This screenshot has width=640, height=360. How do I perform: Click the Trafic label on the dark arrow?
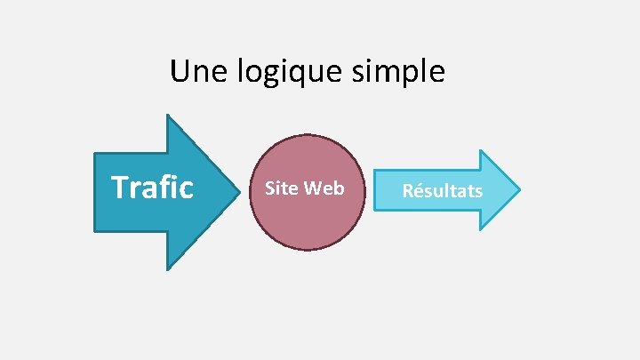pos(152,188)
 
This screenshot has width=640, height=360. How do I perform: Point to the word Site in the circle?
pos(282,188)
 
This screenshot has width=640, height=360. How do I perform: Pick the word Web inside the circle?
pos(324,188)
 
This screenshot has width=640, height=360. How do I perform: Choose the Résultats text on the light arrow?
pos(442,190)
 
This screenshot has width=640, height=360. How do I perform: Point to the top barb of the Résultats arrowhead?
pos(480,150)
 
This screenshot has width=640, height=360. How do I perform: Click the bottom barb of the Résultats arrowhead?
pos(480,229)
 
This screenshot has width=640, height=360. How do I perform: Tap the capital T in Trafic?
pos(119,188)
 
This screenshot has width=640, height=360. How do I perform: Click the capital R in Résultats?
pos(408,190)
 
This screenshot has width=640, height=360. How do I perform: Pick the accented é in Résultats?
pos(419,190)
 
